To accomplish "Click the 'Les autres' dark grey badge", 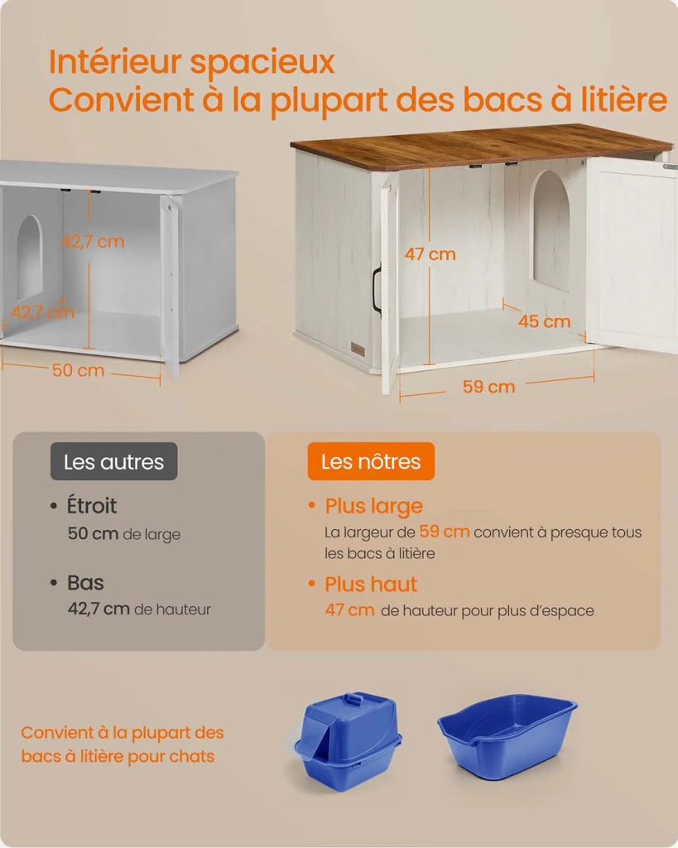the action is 113,461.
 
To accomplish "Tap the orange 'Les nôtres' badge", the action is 371,461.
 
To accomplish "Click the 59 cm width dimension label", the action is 488,387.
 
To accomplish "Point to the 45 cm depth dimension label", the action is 544,321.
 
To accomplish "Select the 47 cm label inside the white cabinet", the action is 430,253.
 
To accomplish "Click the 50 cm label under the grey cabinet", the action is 78,370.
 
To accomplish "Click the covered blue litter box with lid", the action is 347,741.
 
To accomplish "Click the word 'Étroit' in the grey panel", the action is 91,506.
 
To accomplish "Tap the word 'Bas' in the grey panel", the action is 85,582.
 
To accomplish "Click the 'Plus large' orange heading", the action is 373,506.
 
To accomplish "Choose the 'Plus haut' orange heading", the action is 371,584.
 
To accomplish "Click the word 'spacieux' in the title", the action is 262,62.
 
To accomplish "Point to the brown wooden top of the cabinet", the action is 481,146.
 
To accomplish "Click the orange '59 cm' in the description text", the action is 445,532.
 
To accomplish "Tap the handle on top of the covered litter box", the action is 354,700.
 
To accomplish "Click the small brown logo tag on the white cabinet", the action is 358,349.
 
